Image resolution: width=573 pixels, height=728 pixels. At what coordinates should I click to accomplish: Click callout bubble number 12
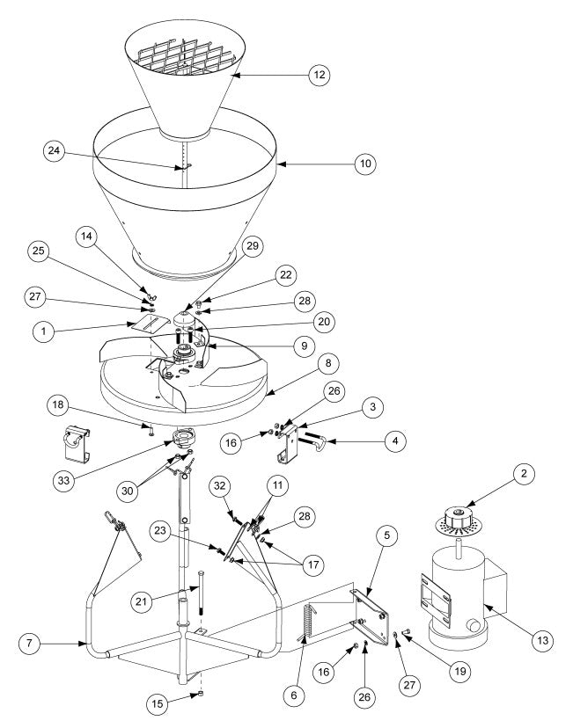pyautogui.click(x=319, y=76)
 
